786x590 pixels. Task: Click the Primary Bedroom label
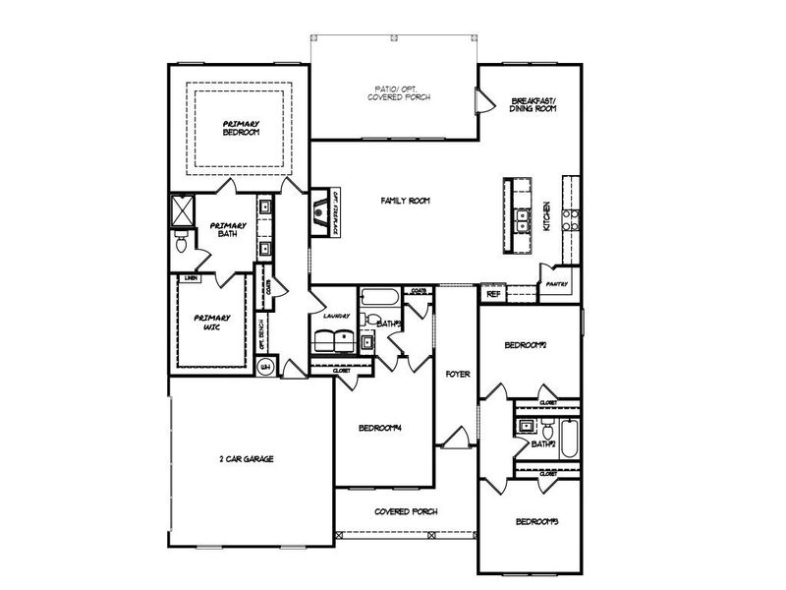pyautogui.click(x=241, y=127)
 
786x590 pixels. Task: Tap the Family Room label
pyautogui.click(x=406, y=201)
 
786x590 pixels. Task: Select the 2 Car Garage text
pyautogui.click(x=246, y=459)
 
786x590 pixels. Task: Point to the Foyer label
pyautogui.click(x=458, y=375)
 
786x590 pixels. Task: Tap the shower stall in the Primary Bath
pyautogui.click(x=183, y=210)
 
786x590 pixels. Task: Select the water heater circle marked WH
pyautogui.click(x=264, y=368)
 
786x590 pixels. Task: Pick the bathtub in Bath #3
pyautogui.click(x=379, y=296)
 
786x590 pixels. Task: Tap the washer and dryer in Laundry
pyautogui.click(x=333, y=340)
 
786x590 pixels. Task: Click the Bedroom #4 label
pyautogui.click(x=381, y=428)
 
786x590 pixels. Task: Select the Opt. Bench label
pyautogui.click(x=261, y=335)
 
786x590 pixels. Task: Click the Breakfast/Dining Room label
pyautogui.click(x=534, y=105)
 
